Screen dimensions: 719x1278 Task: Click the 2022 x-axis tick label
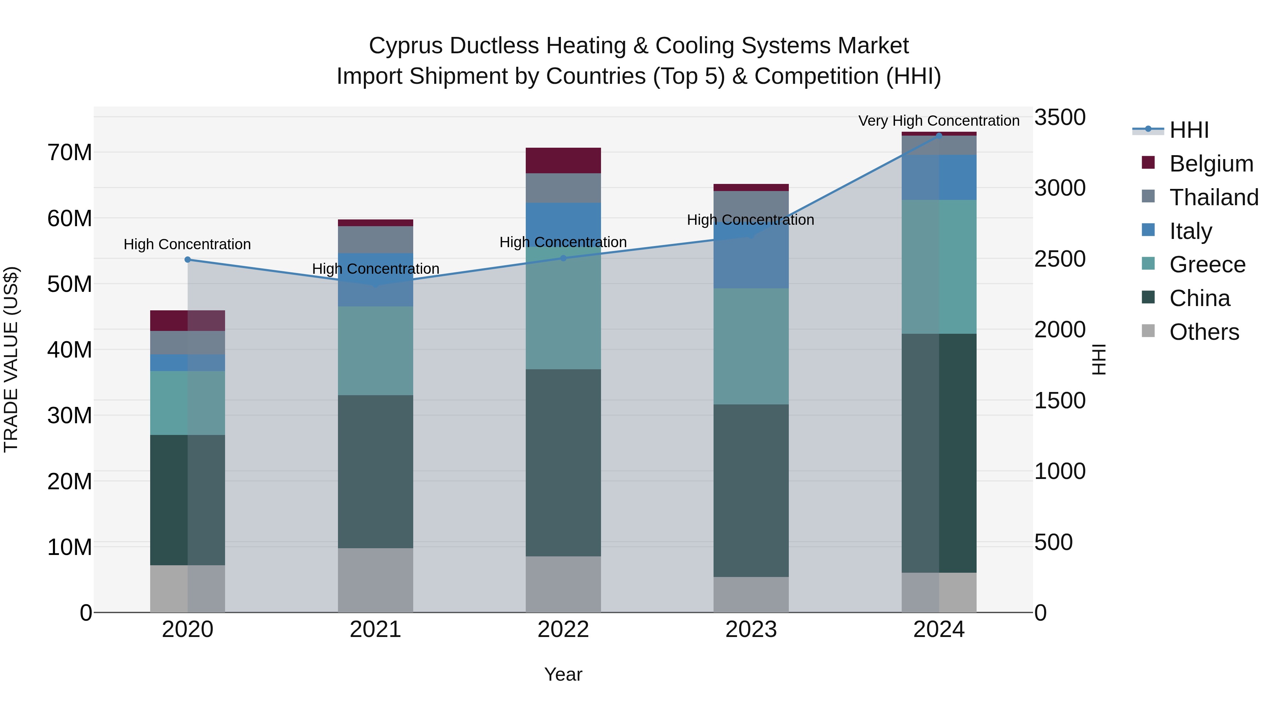[x=563, y=630]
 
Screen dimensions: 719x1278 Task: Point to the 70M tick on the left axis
[x=70, y=152]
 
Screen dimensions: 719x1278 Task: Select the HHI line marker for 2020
[x=187, y=260]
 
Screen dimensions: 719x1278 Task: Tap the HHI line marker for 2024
[x=939, y=136]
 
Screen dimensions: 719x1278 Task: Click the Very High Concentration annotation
[x=939, y=121]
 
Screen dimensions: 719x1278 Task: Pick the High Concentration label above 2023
[x=750, y=220]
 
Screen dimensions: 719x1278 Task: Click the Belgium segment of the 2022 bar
[x=563, y=160]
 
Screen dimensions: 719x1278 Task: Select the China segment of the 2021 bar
[x=376, y=472]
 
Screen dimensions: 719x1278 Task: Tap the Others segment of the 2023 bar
[x=750, y=594]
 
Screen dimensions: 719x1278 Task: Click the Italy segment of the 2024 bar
[x=939, y=177]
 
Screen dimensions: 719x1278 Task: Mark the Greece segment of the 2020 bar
[x=187, y=403]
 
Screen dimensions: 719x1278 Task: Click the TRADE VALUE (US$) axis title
[x=11, y=359]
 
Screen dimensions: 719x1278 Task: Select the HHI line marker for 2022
[x=563, y=258]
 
